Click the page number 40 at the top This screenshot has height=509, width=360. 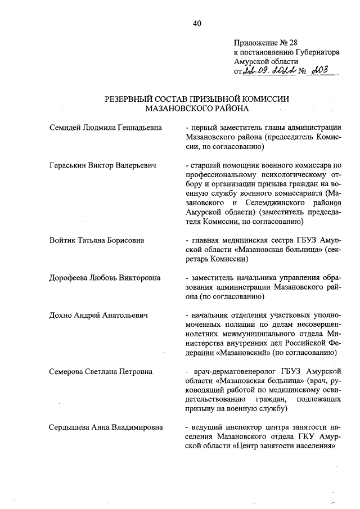tap(196, 23)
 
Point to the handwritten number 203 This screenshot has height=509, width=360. tap(325, 71)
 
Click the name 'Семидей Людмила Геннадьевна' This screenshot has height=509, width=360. tap(106, 128)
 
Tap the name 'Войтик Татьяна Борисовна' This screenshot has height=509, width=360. tap(97, 240)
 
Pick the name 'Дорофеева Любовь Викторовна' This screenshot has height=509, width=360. tap(105, 278)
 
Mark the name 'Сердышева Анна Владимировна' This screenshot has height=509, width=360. tap(106, 427)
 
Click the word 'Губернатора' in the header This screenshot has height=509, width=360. tap(314, 51)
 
